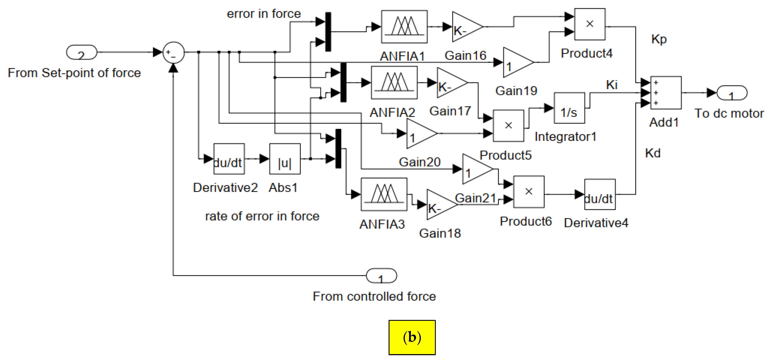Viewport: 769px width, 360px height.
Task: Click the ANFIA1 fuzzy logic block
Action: [404, 27]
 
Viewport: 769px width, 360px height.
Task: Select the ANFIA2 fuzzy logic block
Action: [394, 83]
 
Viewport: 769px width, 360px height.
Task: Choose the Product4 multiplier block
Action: [590, 24]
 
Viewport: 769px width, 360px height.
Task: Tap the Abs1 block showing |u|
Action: [285, 159]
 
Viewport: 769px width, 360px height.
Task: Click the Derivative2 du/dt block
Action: [229, 159]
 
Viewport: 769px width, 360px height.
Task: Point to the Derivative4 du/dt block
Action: [599, 194]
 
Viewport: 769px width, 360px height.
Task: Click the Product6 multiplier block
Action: [529, 192]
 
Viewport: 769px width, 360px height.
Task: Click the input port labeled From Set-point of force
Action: [81, 53]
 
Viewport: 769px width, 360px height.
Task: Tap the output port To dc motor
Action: [732, 93]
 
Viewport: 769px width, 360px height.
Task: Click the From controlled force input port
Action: [381, 276]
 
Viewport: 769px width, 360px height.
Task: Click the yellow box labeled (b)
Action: [412, 337]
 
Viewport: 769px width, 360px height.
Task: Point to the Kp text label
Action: [659, 39]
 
